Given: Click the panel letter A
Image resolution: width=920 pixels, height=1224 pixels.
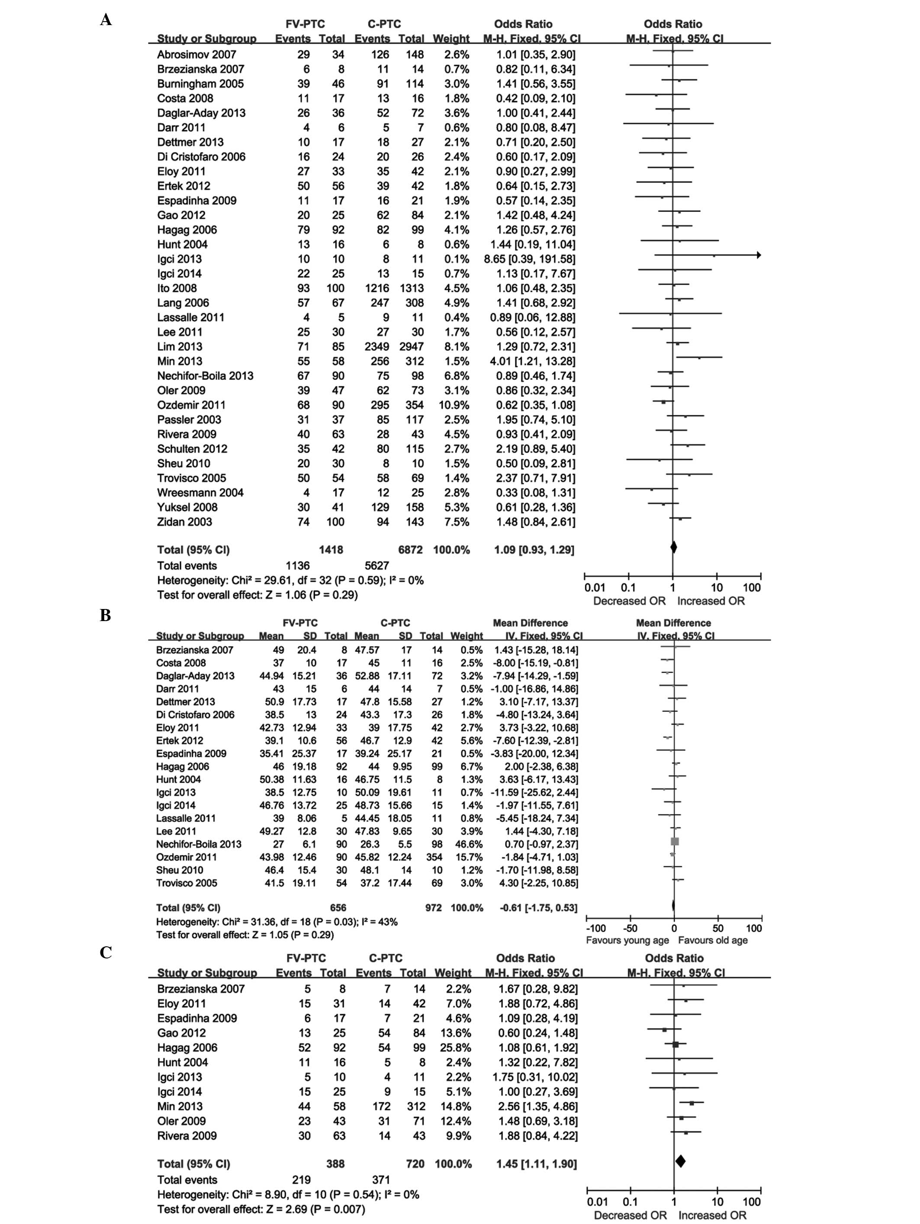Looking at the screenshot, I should [106, 20].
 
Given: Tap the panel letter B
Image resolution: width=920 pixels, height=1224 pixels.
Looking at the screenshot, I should [105, 615].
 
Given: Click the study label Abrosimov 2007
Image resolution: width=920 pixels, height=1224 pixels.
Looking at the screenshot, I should [196, 54].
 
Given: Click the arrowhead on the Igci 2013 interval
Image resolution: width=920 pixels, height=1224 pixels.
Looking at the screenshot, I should [758, 255].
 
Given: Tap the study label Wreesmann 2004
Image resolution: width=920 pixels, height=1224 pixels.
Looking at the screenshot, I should [200, 493].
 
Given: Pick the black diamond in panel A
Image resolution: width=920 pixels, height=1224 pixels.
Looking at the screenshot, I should [673, 547].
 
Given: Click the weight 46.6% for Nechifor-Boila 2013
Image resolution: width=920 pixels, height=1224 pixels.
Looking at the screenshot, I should [466, 844].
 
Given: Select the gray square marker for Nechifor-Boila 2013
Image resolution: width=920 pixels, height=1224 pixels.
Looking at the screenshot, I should [674, 842].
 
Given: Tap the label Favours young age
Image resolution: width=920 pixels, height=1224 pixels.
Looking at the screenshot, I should [627, 940].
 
